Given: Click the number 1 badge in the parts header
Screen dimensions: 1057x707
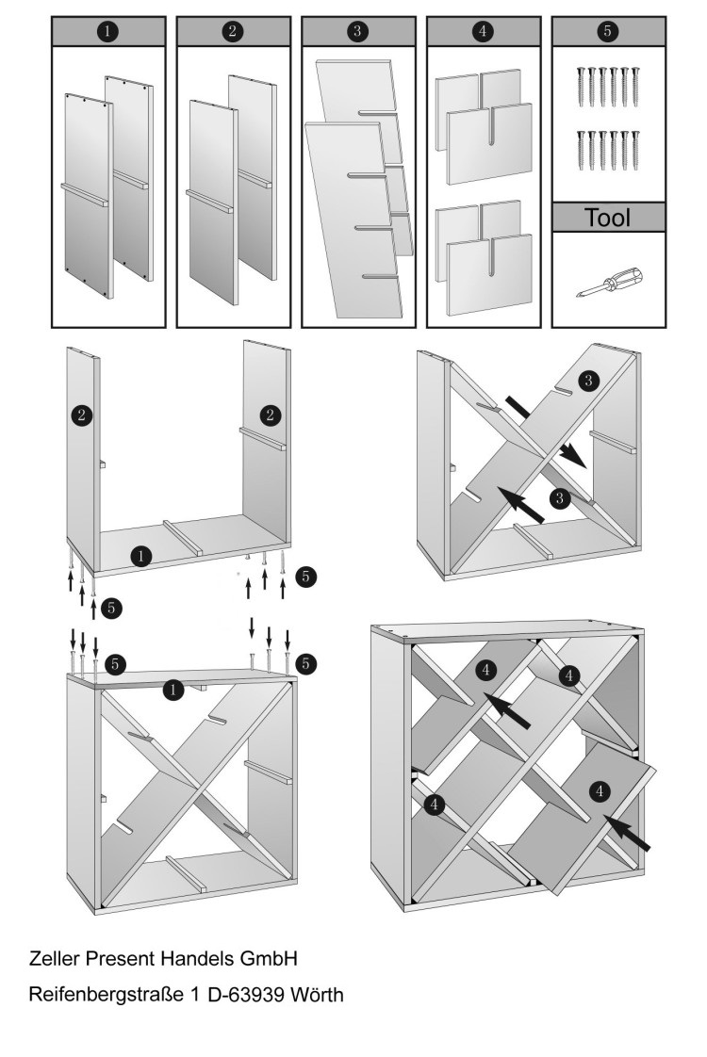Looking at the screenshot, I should point(108,31).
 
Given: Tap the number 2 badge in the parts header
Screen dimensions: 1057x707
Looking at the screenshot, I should point(233,31).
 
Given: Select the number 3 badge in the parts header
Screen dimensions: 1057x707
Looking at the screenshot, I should point(357,31).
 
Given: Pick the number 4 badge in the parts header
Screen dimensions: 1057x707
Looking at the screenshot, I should point(482,31).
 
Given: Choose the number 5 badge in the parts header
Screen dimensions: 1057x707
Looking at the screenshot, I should point(607,31).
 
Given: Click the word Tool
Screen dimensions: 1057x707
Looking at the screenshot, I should point(608,219).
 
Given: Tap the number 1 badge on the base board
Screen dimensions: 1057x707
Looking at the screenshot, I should point(140,557).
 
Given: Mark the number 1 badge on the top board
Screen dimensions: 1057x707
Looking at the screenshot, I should point(173,691).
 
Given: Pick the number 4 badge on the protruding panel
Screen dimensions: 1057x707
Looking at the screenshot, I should point(600,790).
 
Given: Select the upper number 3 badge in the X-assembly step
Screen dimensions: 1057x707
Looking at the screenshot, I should point(588,381).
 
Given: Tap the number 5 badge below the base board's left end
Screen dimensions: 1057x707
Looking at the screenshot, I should point(111,608).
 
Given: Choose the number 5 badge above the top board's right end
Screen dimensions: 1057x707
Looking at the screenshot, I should point(305,664).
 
